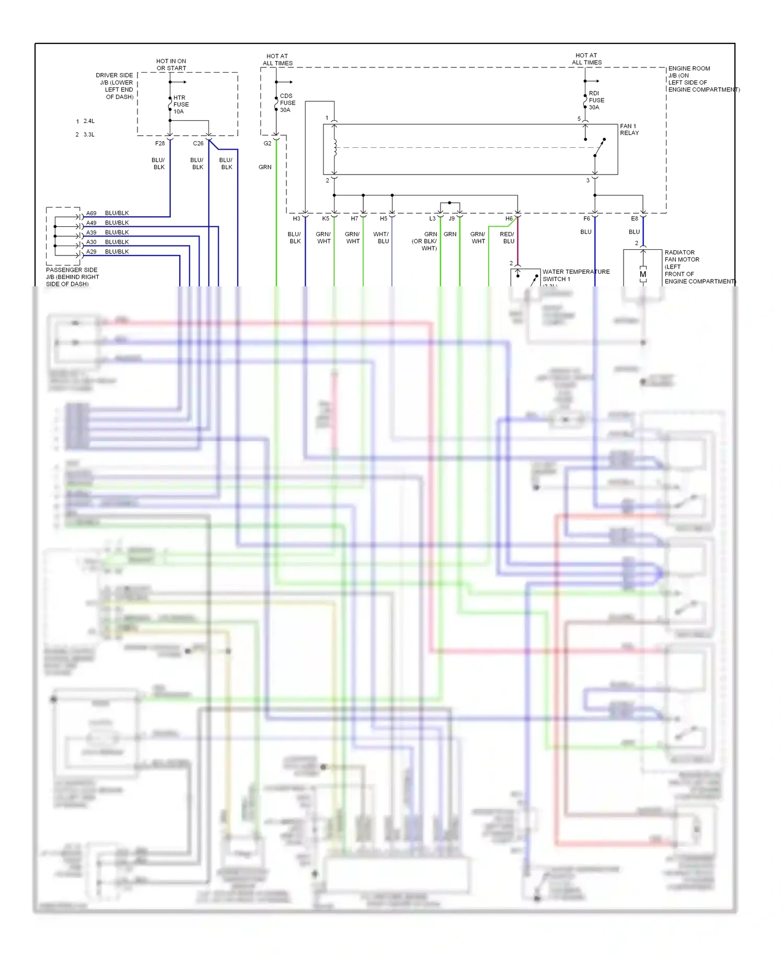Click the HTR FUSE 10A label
click(181, 104)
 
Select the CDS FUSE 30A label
click(287, 103)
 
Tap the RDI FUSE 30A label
click(596, 100)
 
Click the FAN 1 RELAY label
click(629, 130)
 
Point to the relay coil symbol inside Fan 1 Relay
click(335, 148)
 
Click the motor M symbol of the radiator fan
click(643, 274)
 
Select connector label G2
click(267, 143)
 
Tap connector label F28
click(160, 143)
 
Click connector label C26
click(198, 143)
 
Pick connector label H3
click(296, 218)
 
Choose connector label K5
click(326, 218)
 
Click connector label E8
click(634, 218)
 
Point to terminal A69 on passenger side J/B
click(91, 213)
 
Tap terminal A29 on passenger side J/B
click(91, 252)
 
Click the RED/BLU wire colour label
click(507, 238)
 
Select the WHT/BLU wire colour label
click(381, 238)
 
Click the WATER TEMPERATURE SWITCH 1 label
click(575, 275)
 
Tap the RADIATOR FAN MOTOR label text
click(682, 256)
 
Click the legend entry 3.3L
click(88, 135)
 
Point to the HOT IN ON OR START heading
click(171, 65)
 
